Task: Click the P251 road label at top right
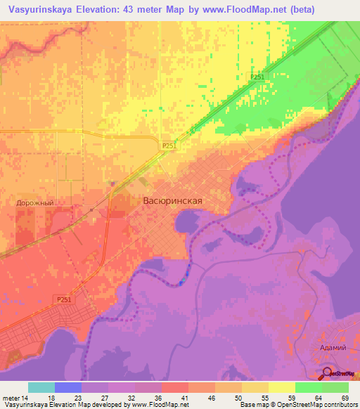tap(257, 77)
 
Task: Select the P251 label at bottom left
tap(64, 299)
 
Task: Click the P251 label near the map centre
tap(168, 145)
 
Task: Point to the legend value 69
tap(344, 397)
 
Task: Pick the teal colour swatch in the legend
tap(41, 387)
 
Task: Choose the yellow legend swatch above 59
tap(282, 387)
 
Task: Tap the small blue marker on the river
tap(183, 280)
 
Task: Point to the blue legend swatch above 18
tap(68, 387)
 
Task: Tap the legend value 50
tap(237, 397)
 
